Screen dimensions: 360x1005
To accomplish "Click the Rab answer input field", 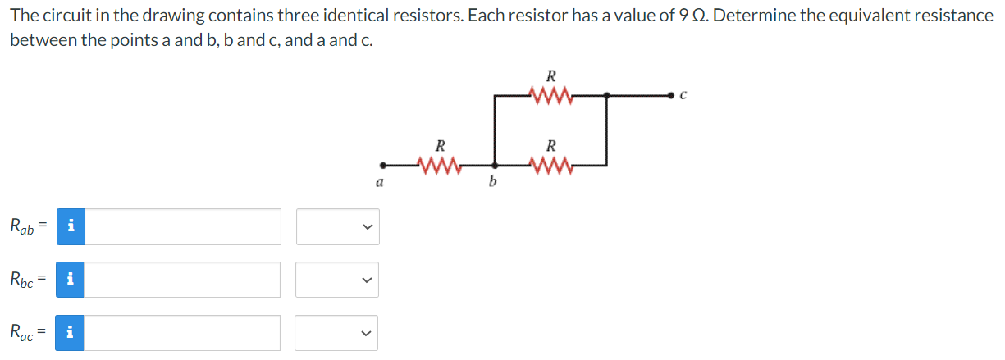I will click(183, 227).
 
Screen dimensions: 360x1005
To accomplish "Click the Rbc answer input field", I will click(183, 280).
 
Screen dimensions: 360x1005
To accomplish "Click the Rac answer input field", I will click(183, 333).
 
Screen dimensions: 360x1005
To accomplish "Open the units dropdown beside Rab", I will click(337, 227).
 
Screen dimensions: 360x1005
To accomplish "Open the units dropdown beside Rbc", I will click(337, 280).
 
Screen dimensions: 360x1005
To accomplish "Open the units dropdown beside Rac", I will click(337, 333).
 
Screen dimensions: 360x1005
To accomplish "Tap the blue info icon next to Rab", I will click(71, 227).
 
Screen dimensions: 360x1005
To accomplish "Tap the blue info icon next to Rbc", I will click(71, 280).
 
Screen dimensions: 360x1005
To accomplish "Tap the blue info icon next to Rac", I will click(71, 333).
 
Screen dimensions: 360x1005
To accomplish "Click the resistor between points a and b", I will click(440, 166).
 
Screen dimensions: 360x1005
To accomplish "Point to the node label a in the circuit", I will click(378, 184).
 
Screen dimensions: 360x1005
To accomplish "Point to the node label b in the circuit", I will click(492, 184).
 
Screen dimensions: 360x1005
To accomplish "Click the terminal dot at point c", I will click(673, 96).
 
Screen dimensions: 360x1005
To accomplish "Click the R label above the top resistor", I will click(551, 79).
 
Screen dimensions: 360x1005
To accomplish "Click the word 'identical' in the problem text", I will click(354, 16).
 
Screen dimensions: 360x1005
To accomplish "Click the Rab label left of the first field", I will click(23, 227).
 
